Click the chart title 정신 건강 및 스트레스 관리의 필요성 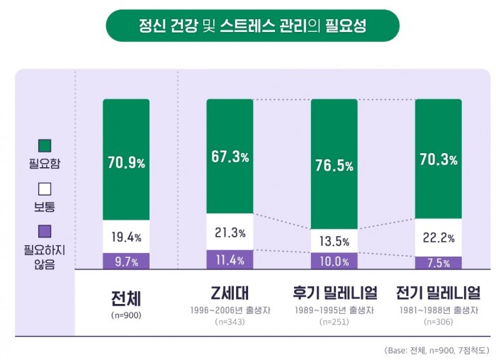252,26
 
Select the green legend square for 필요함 45,145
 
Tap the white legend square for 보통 45,189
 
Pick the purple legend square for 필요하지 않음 45,231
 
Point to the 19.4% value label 126,237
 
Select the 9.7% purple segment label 126,261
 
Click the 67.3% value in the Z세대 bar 230,157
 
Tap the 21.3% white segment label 230,232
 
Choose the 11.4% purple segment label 230,260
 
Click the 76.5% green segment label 334,166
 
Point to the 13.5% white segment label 334,242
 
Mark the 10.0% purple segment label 334,261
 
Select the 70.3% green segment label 438,159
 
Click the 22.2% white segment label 438,237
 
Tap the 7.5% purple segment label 438,263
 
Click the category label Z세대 230,293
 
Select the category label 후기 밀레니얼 334,293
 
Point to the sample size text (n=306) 438,322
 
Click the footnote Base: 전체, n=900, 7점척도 436,350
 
